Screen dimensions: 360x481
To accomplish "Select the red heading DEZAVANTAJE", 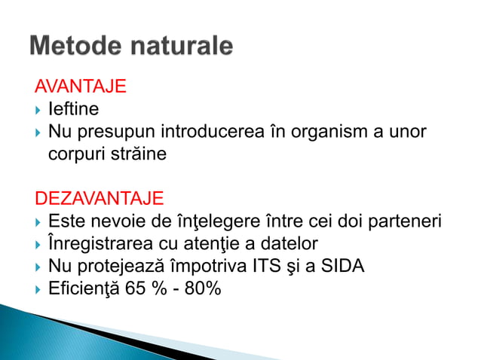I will (x=100, y=199).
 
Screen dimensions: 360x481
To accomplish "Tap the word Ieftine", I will (x=73, y=109).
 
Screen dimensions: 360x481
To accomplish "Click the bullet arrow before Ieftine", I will (x=38, y=110).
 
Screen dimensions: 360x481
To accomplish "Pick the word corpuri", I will (x=76, y=154).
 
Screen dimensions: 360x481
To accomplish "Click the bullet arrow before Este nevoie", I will (x=38, y=222).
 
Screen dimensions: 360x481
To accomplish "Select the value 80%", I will (x=201, y=288).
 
